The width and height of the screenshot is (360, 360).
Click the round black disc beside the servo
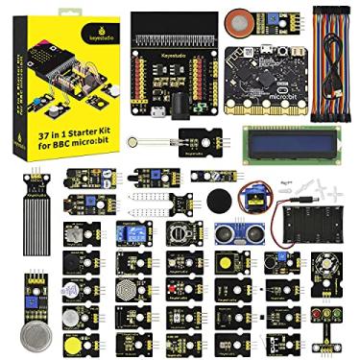coord(219,201)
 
